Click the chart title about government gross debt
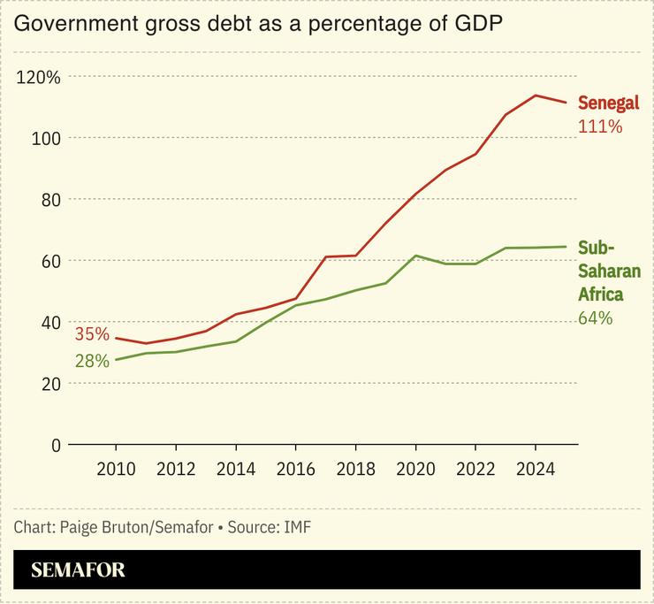coord(258,24)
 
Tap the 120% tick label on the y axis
coord(40,77)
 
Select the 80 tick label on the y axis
coord(49,199)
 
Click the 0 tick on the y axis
coord(55,445)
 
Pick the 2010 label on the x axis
coord(116,469)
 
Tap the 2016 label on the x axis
coord(295,469)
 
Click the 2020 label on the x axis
coord(414,469)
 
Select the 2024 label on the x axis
coord(535,469)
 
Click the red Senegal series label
coord(608,103)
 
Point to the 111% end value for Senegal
coord(600,126)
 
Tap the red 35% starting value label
coord(92,334)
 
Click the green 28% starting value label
coord(92,361)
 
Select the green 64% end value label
coord(595,318)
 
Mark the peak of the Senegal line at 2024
coord(535,96)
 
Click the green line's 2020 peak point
coord(415,256)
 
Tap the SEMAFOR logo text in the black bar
coord(78,570)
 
